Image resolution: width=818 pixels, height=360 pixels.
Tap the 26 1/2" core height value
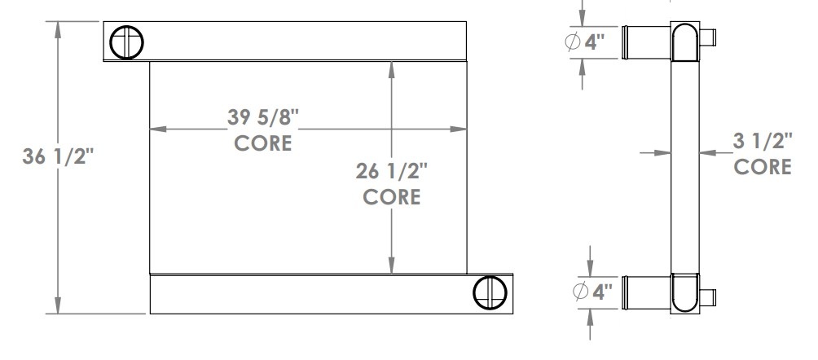coord(392,172)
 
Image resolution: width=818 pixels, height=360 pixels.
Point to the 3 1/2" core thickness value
coord(763,142)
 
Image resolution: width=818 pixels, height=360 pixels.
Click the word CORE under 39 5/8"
coord(263,144)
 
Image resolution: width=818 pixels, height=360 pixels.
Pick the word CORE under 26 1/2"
coord(392,197)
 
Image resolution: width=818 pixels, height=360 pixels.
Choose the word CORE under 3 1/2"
coord(763,167)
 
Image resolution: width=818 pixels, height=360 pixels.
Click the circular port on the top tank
coord(128,42)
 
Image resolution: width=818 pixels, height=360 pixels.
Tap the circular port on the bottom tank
coord(490,292)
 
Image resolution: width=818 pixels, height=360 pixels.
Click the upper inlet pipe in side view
coord(646,42)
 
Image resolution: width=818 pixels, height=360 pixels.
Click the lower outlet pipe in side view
coord(646,292)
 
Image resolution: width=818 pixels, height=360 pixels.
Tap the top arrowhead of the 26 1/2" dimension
coord(393,68)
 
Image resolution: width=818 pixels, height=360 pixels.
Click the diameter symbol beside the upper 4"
coord(574,42)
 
